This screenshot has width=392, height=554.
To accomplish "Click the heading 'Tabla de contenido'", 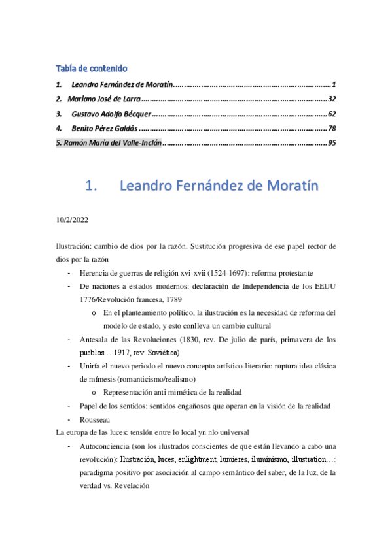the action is (91, 68).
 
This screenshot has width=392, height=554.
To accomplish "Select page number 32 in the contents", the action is (331, 99).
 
